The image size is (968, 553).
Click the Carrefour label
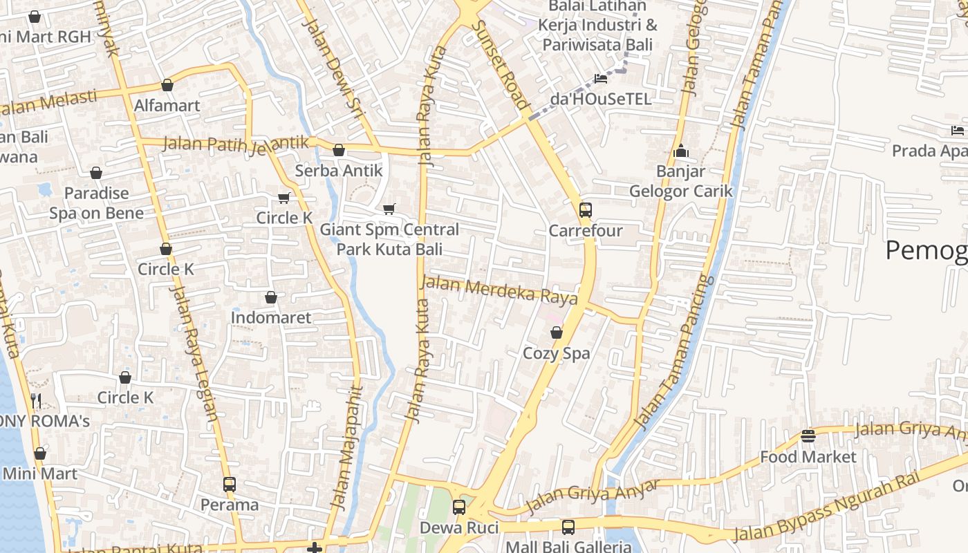pos(586,230)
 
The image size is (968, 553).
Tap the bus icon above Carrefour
pos(586,209)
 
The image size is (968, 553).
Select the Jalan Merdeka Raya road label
pos(499,290)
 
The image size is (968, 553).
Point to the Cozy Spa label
pos(557,353)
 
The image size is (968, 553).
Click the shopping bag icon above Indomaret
pos(271,297)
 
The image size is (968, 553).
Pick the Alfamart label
pos(167,106)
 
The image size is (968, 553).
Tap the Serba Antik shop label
pos(339,170)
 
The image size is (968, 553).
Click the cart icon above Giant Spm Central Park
pos(389,209)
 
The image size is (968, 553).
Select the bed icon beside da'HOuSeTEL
pos(601,79)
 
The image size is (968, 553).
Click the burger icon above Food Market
pos(808,435)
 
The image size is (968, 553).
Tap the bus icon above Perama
pos(230,484)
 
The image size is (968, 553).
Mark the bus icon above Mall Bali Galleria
pos(568,527)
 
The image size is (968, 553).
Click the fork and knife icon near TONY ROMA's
pos(36,400)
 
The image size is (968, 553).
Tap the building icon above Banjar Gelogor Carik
pos(681,151)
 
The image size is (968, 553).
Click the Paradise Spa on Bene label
pos(97,203)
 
